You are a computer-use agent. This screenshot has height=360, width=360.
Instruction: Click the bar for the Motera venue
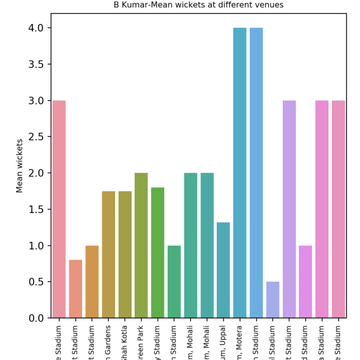tap(240, 173)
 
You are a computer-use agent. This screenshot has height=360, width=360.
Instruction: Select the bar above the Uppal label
tap(223, 270)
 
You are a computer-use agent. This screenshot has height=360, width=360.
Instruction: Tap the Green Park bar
tap(141, 246)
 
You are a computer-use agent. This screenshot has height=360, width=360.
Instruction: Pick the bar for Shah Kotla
tap(125, 255)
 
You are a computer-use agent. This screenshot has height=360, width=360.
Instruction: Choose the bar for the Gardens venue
tap(108, 255)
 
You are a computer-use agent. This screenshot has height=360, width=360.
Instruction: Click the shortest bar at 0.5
tap(273, 300)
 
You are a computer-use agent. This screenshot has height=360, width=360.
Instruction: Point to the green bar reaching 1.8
tap(158, 252)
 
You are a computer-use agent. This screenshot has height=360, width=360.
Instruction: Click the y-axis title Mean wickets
tap(20, 166)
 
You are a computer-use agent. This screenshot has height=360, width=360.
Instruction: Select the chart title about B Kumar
tap(198, 5)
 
